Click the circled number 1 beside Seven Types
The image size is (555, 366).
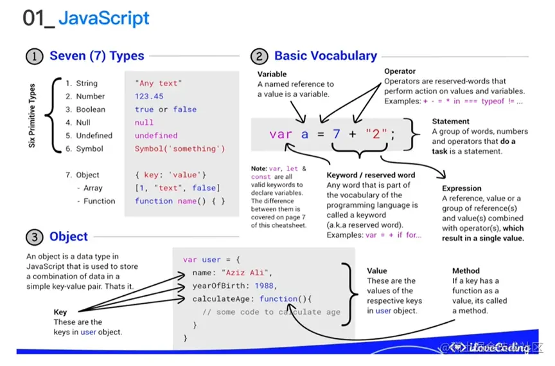click(35, 56)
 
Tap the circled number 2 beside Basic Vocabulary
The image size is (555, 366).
click(260, 57)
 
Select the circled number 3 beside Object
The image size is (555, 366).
click(35, 237)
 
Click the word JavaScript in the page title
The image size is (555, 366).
click(104, 18)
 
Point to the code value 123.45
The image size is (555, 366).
click(149, 96)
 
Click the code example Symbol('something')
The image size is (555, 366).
click(180, 149)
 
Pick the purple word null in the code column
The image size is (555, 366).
click(144, 122)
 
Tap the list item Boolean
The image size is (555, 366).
click(90, 109)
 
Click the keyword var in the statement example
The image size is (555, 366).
click(281, 134)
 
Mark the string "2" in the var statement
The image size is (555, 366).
click(374, 134)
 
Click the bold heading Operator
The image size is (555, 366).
click(400, 71)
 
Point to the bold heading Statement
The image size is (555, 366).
click(450, 121)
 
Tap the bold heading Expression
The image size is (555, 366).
click(461, 188)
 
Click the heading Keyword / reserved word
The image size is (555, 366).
click(371, 175)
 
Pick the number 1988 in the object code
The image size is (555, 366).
click(264, 286)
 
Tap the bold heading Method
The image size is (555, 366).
click(466, 271)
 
